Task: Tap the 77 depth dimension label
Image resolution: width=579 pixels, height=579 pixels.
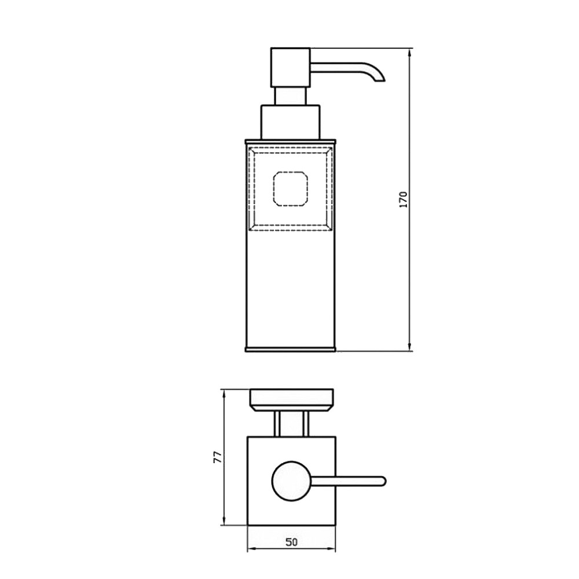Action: point(218,457)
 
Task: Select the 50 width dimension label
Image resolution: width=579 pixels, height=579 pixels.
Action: point(291,542)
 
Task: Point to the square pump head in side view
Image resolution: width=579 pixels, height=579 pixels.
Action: point(290,68)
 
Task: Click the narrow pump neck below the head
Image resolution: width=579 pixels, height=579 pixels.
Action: point(290,96)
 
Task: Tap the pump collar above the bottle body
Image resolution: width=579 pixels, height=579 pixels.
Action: point(290,122)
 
